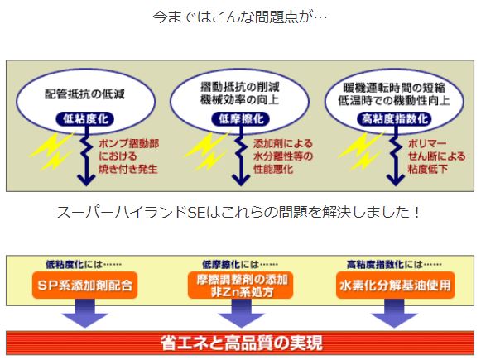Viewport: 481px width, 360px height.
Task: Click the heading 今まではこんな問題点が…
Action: [x=240, y=17]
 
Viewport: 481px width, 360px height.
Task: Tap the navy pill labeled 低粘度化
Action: [x=85, y=119]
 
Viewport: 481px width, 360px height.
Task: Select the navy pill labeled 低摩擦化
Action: [x=240, y=119]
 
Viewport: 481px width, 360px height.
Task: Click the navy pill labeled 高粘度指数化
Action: [x=395, y=119]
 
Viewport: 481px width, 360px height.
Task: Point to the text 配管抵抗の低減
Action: [x=85, y=94]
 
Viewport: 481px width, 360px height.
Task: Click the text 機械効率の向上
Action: [x=240, y=99]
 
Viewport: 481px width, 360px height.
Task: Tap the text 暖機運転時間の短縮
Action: [x=394, y=88]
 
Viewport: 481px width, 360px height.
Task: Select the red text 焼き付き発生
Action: [x=128, y=169]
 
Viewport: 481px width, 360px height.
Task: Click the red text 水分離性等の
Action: [x=283, y=156]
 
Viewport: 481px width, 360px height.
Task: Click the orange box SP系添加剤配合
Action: [x=85, y=286]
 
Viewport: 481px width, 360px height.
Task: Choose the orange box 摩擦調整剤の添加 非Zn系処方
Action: [x=241, y=286]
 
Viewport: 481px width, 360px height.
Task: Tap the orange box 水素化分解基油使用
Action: [x=395, y=286]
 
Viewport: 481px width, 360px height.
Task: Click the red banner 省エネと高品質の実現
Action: [x=240, y=343]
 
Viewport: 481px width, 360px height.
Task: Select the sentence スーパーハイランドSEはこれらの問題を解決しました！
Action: [x=238, y=212]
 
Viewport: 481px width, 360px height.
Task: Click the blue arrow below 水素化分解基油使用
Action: [x=395, y=313]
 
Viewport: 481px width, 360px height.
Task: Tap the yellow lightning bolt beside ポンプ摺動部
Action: [x=52, y=151]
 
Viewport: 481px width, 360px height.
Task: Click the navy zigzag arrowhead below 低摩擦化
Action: [x=241, y=180]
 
